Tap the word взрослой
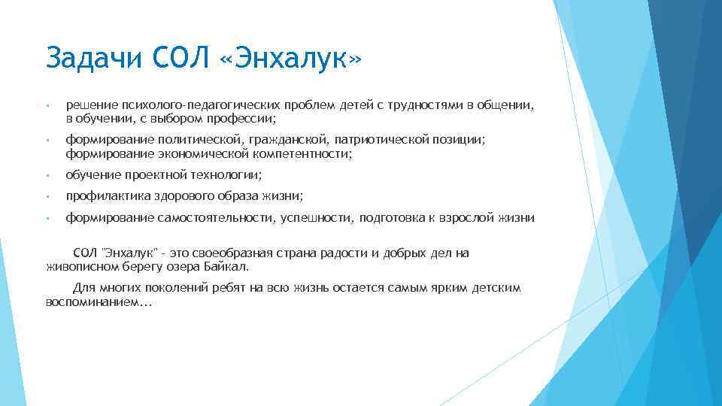[464, 218]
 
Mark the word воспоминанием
[98, 301]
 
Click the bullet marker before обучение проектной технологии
[47, 175]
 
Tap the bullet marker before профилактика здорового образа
[47, 197]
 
